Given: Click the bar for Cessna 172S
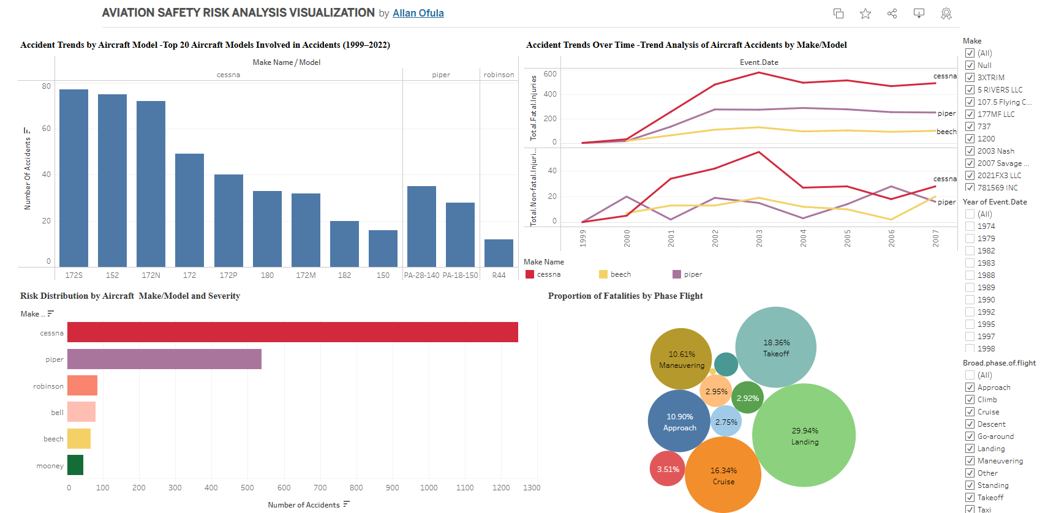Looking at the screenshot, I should click(x=74, y=178).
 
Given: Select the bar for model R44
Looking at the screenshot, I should click(x=499, y=253).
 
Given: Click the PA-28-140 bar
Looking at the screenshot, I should click(x=421, y=226).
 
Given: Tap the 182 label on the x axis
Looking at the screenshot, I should click(x=344, y=275).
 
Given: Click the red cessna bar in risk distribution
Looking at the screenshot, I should click(x=292, y=332).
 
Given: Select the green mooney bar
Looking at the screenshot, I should click(x=75, y=465).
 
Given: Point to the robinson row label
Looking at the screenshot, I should click(x=48, y=386).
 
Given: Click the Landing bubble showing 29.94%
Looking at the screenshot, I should click(x=804, y=435).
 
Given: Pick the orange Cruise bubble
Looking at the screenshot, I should click(x=723, y=475).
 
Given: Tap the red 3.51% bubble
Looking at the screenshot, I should click(x=667, y=469).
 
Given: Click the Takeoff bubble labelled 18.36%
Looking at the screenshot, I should click(x=775, y=347).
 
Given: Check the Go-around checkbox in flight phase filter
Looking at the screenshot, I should click(x=970, y=436).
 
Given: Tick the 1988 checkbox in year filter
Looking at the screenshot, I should click(x=970, y=275).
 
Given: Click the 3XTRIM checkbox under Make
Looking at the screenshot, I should click(x=970, y=78).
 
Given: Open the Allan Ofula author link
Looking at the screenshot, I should click(x=418, y=13).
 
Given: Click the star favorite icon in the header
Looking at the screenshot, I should click(x=865, y=13).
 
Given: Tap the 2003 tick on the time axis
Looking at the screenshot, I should click(x=759, y=238).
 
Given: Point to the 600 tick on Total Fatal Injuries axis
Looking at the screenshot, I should click(x=550, y=74).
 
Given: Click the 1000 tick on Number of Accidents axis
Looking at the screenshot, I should click(x=428, y=488).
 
